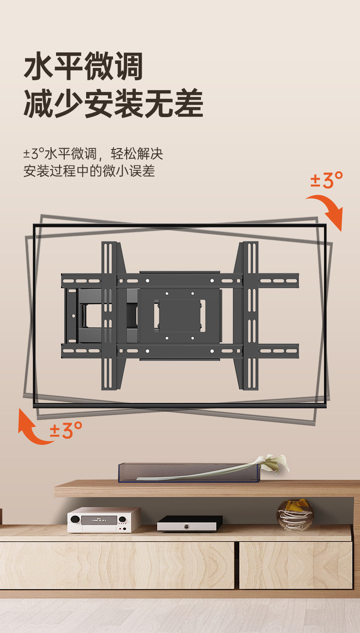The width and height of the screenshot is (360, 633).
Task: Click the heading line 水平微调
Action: point(83,67)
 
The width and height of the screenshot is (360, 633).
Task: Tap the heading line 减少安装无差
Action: point(113,104)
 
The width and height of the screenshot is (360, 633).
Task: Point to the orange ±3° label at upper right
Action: point(326,180)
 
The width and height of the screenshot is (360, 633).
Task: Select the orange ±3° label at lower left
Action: point(66,430)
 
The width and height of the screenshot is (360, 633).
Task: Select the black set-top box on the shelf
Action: point(190,523)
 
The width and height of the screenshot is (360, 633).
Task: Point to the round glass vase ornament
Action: point(295,514)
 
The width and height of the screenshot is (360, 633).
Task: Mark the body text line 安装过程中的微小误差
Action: point(89,171)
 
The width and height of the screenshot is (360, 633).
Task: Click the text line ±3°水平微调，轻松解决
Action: point(93,153)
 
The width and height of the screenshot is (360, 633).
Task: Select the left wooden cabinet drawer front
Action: point(117,565)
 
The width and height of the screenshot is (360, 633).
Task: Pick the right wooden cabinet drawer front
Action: point(296,565)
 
